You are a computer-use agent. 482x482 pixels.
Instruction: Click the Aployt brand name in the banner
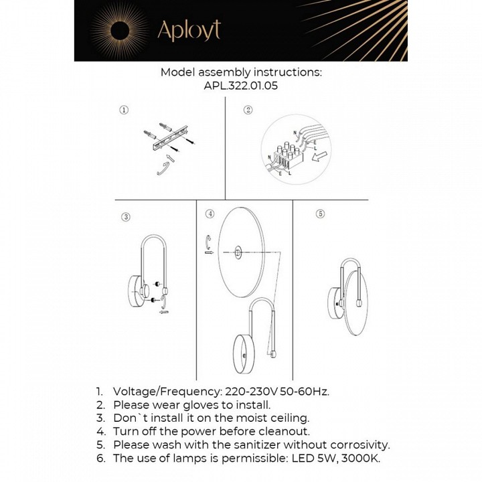coord(188,30)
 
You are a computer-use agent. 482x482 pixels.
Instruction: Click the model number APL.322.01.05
coord(241,86)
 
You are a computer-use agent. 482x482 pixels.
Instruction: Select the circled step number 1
coord(124,110)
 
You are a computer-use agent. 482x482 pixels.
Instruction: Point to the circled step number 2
coord(248,110)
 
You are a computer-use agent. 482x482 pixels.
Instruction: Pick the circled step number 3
coord(125,216)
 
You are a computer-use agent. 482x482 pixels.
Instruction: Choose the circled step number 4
coord(210,214)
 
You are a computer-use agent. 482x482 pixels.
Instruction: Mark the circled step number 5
coord(320,214)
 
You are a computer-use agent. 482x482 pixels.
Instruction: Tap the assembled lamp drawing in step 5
coord(351,288)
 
